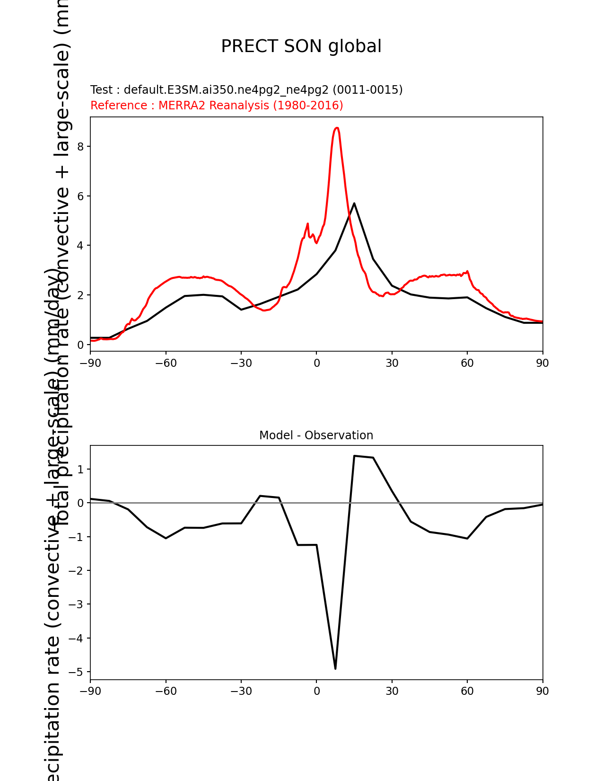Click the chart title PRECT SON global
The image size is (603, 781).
[x=301, y=46]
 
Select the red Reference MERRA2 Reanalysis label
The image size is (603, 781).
[x=217, y=106]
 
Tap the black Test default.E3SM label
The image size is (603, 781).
[x=246, y=90]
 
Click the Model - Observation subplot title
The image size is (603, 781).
[x=316, y=435]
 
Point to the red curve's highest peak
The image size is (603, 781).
[x=337, y=128]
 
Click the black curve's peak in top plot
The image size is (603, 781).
[x=354, y=203]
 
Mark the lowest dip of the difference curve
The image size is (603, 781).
[x=335, y=668]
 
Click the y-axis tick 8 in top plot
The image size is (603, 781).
[x=81, y=147]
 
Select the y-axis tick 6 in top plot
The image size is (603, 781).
[x=81, y=196]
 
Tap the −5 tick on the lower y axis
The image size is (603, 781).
[x=76, y=672]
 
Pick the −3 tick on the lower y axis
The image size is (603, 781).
[x=76, y=604]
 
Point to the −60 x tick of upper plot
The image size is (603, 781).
[x=166, y=364]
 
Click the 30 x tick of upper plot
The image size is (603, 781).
[x=392, y=364]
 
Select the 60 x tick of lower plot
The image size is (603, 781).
[x=467, y=692]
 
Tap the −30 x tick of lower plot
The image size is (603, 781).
[x=241, y=692]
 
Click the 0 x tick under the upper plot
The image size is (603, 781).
[x=316, y=364]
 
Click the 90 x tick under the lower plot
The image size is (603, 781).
[x=542, y=692]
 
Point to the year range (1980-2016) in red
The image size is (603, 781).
[x=308, y=106]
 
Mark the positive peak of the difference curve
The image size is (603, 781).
[x=354, y=456]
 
